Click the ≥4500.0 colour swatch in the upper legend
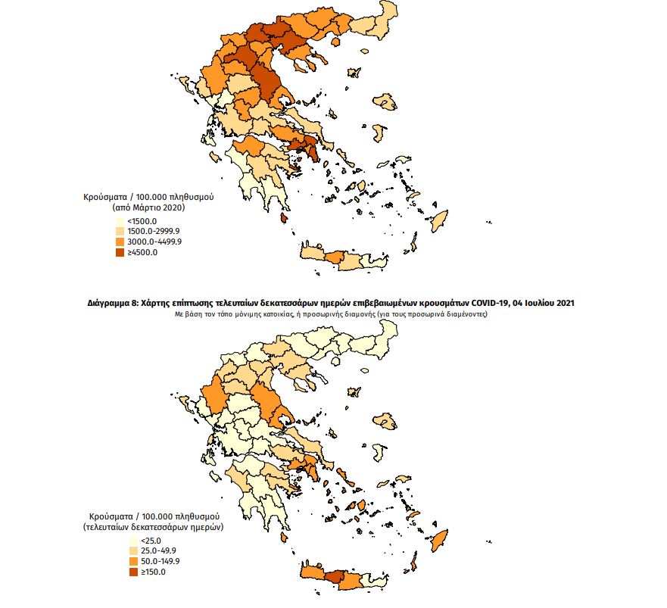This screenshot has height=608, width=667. tap(120, 253)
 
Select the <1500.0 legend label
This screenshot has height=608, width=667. tap(142, 220)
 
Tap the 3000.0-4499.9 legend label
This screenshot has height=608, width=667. tap(154, 242)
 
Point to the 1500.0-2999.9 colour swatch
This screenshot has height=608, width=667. tap(120, 231)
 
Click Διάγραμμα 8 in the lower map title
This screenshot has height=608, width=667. tap(113, 303)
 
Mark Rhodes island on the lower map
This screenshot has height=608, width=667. tap(438, 538)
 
